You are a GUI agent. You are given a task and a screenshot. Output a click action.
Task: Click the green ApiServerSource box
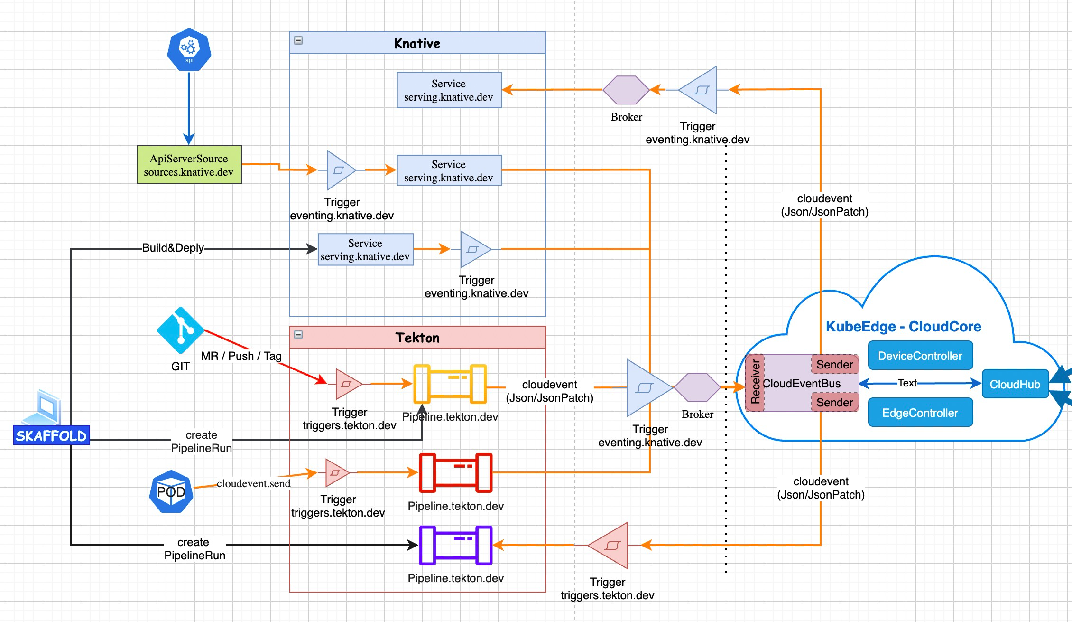point(189,165)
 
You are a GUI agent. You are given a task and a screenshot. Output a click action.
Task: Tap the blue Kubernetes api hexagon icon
point(189,50)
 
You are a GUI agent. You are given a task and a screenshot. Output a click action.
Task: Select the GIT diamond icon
point(180,330)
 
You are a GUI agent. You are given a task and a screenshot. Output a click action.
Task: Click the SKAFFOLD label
point(51,435)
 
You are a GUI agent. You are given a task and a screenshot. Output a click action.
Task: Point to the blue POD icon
point(171,491)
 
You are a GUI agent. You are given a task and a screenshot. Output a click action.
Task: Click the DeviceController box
point(920,356)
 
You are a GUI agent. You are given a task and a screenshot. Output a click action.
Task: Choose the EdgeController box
point(920,413)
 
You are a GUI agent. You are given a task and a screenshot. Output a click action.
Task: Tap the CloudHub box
point(1015,384)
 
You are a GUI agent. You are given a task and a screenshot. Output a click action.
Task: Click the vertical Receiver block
point(755,383)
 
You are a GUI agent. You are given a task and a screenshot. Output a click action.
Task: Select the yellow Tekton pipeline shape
point(450,384)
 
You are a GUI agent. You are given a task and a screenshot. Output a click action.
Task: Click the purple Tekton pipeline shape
point(455,545)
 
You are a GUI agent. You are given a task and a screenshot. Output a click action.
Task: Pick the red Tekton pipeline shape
point(455,472)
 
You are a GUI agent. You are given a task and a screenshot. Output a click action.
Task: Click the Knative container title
point(417,43)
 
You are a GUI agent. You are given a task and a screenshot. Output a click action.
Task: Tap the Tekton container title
point(417,338)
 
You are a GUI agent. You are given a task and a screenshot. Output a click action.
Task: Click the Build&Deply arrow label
point(173,248)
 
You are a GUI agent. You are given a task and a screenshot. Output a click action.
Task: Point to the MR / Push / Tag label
point(241,356)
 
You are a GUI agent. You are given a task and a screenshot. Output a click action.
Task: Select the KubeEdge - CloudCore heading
point(903,326)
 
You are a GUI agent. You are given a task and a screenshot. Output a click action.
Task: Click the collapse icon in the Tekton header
point(298,335)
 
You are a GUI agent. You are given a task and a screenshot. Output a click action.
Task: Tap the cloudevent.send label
point(253,483)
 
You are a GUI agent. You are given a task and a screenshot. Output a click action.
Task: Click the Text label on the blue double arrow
point(907,383)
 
